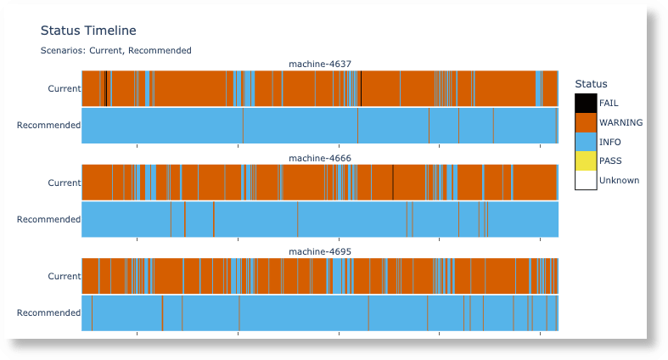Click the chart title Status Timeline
pos(88,31)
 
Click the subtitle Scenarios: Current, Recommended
pos(115,50)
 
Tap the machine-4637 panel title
pos(320,64)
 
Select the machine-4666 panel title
pos(320,158)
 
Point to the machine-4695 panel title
pos(320,251)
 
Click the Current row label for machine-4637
pos(64,88)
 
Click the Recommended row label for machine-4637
pos(48,125)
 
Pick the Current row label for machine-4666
pos(64,183)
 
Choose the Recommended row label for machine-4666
pos(48,219)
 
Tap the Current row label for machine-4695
pos(64,276)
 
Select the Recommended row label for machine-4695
pos(48,312)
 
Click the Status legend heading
pos(591,84)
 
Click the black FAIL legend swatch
pos(585,103)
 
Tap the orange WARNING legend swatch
pos(585,122)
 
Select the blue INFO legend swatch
pos(585,142)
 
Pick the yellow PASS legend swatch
pos(585,160)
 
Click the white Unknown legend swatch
pos(585,180)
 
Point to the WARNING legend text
pos(620,122)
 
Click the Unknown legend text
pos(619,180)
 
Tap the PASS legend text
pos(610,160)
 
